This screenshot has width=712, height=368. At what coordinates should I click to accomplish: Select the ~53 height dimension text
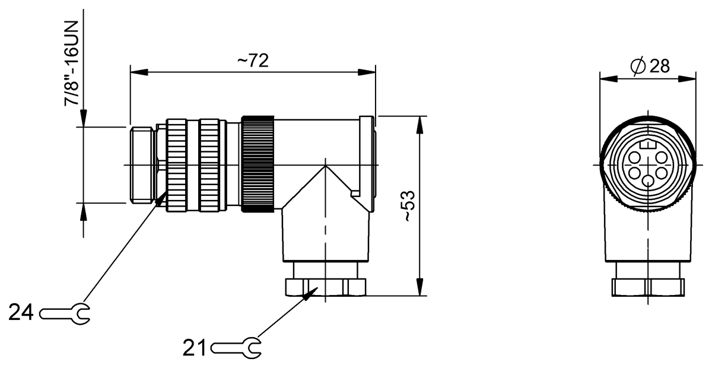click(409, 206)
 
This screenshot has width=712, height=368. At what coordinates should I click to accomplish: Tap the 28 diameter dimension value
click(659, 66)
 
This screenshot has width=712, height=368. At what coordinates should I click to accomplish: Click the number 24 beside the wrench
click(22, 312)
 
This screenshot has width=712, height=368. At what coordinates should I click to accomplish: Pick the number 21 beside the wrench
click(196, 347)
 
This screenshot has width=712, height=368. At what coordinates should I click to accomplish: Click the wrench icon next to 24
click(65, 312)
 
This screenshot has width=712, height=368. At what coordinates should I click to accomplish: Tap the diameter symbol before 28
click(638, 66)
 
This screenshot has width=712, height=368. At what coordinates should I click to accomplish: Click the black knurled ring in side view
click(258, 164)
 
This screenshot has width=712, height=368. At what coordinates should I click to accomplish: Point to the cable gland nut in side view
click(325, 287)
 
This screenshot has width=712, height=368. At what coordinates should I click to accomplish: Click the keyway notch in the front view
click(648, 144)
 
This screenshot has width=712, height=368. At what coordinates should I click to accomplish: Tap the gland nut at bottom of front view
click(648, 287)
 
